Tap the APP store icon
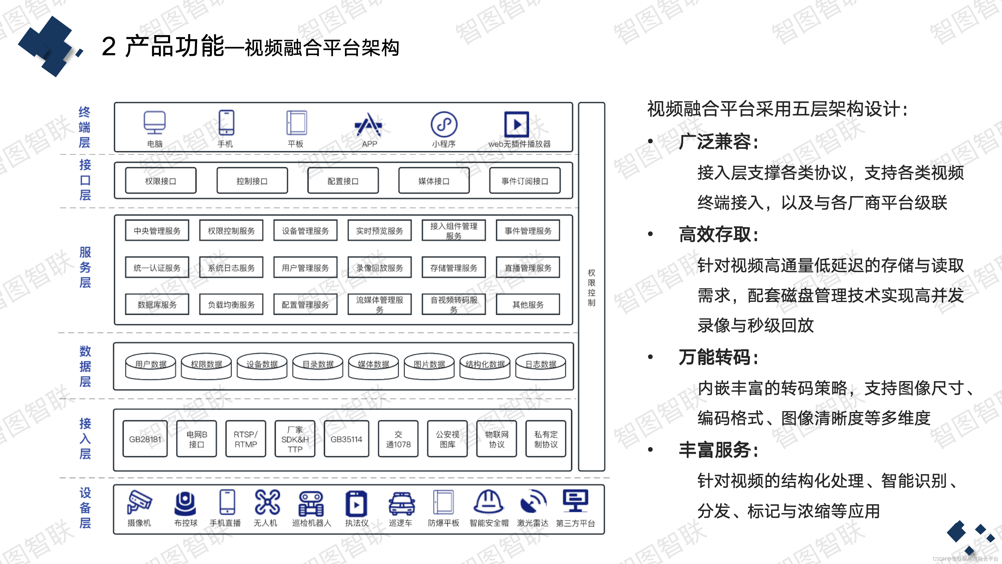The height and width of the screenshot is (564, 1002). pyautogui.click(x=368, y=125)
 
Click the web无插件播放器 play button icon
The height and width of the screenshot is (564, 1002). pyautogui.click(x=517, y=125)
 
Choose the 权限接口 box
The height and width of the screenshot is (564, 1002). pyautogui.click(x=161, y=181)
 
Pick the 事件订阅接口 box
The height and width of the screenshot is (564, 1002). pyautogui.click(x=525, y=181)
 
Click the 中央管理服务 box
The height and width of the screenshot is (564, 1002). pyautogui.click(x=157, y=231)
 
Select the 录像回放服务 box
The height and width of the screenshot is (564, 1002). pyautogui.click(x=380, y=268)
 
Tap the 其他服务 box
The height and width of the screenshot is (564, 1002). pyautogui.click(x=528, y=304)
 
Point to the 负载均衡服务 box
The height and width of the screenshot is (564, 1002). pyautogui.click(x=231, y=304)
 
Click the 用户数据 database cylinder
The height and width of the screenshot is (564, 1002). pyautogui.click(x=151, y=366)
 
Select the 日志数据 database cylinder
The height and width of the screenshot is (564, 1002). pyautogui.click(x=541, y=366)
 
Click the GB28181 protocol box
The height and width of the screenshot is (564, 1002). pyautogui.click(x=145, y=439)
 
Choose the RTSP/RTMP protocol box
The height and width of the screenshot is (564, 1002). pyautogui.click(x=246, y=439)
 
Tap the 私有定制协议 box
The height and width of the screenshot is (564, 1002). pyautogui.click(x=546, y=439)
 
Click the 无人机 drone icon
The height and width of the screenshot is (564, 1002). pyautogui.click(x=267, y=502)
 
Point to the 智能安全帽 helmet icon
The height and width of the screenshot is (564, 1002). pyautogui.click(x=488, y=502)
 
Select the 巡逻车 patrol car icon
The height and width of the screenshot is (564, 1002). pyautogui.click(x=401, y=503)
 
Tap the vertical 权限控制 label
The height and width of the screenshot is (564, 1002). pyautogui.click(x=591, y=287)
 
